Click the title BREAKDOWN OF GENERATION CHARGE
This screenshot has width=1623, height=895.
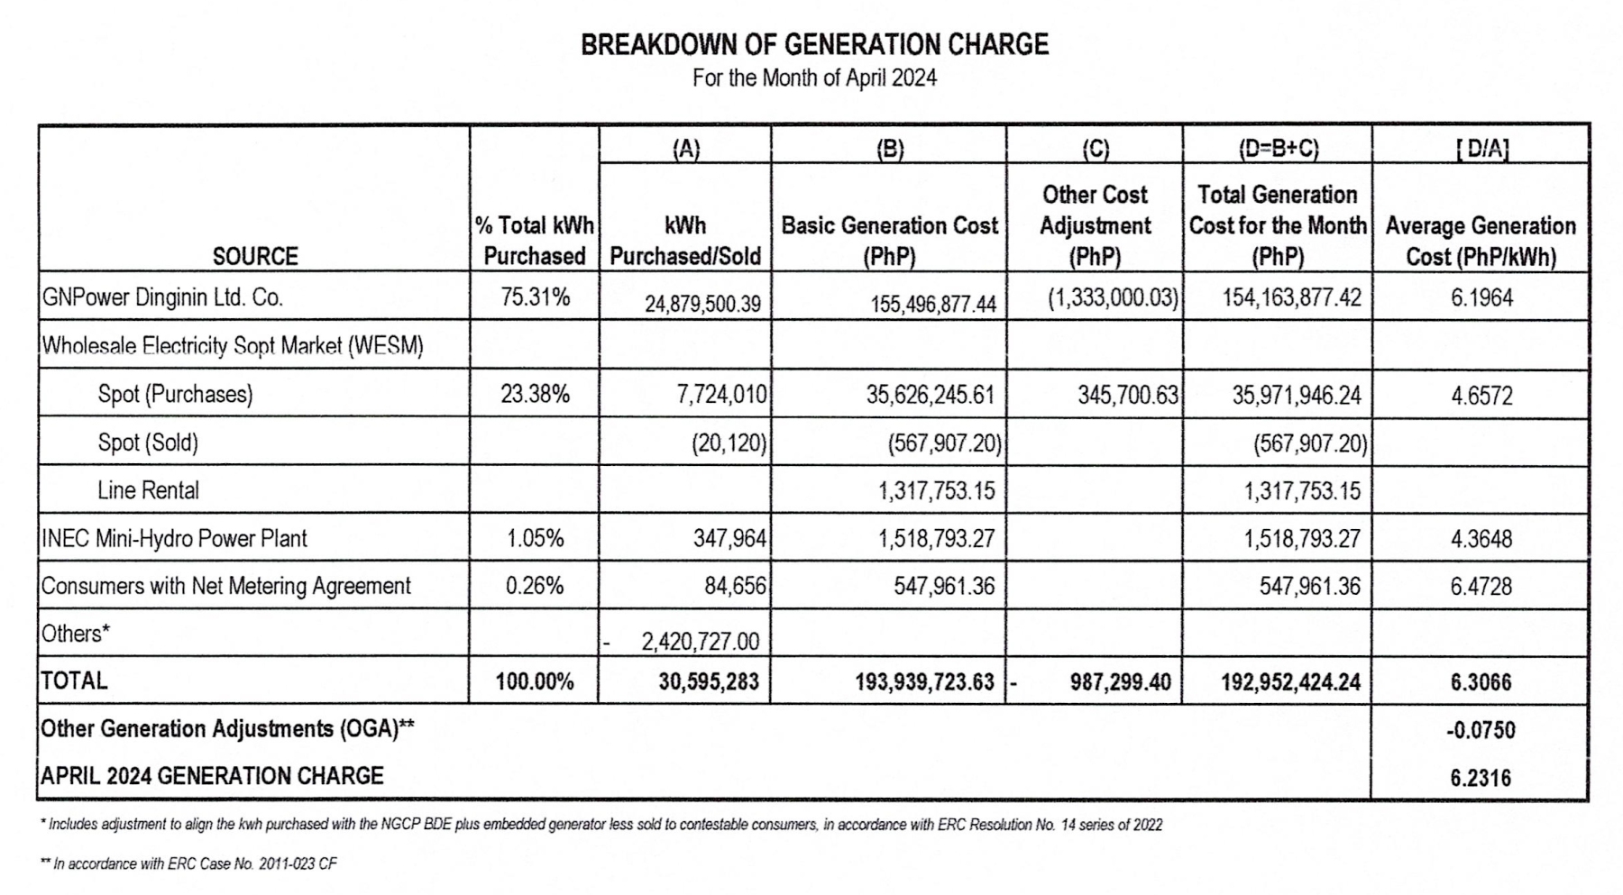(x=814, y=44)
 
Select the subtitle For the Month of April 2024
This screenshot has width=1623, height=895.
(x=814, y=78)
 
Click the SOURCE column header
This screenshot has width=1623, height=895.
(x=255, y=257)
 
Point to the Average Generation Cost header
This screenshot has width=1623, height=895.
(x=1481, y=241)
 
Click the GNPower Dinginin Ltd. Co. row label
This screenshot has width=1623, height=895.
(x=162, y=297)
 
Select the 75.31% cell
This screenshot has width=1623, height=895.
(x=535, y=297)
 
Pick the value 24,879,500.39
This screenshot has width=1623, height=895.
(x=702, y=304)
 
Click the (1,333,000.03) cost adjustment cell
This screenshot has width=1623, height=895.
(x=1113, y=297)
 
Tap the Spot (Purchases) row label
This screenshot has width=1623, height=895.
(x=175, y=395)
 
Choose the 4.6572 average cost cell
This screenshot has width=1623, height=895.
(x=1481, y=396)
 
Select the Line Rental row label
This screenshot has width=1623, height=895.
(x=148, y=490)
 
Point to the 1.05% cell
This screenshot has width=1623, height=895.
(x=535, y=539)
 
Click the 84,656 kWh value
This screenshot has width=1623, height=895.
(x=735, y=587)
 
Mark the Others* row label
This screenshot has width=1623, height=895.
(x=76, y=634)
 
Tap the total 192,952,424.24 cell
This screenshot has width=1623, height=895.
(x=1290, y=682)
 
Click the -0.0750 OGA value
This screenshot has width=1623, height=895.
(x=1481, y=730)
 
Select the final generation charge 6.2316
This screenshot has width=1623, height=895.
(x=1481, y=778)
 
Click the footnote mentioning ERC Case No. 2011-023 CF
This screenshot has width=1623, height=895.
(x=188, y=863)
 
